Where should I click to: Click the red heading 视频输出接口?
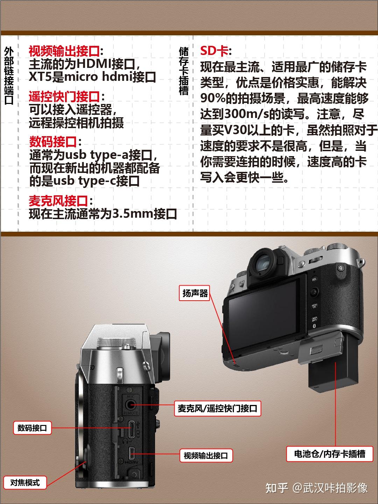(64, 51)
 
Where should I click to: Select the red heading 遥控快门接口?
(64, 97)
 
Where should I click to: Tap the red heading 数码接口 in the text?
(52, 141)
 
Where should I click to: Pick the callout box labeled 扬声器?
(195, 293)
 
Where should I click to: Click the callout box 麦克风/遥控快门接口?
(217, 408)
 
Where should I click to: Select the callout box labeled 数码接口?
(32, 428)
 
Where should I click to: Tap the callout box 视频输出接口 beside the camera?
(206, 455)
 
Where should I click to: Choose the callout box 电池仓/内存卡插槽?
(330, 454)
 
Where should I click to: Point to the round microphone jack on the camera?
(131, 404)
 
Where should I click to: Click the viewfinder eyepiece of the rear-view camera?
(263, 263)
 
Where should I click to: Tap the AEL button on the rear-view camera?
(314, 279)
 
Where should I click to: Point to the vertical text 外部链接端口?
(9, 76)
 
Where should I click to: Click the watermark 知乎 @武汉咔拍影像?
(317, 488)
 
